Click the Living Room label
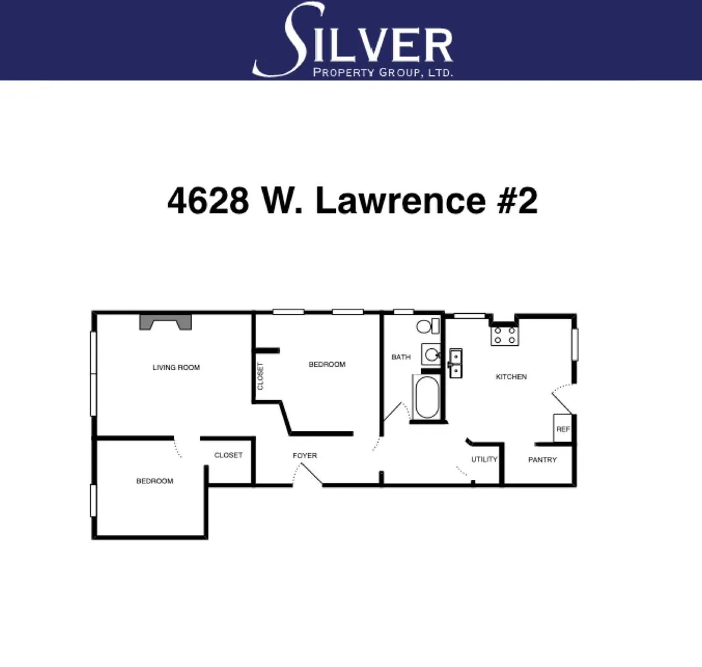176,367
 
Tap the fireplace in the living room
165,322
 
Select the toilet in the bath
427,326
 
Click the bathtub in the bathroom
426,398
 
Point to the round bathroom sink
432,354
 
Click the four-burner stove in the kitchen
504,335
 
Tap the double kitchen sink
456,363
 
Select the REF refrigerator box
562,429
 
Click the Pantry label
542,460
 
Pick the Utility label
484,459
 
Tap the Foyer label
305,456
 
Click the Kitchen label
511,377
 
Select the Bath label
401,357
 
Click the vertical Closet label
261,376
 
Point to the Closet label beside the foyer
228,455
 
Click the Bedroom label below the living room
154,481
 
